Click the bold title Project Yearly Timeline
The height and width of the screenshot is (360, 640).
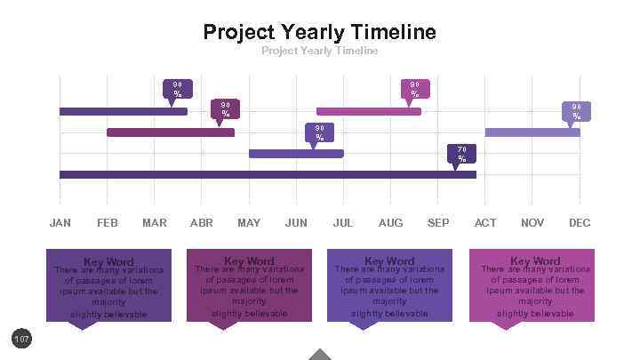[319, 32]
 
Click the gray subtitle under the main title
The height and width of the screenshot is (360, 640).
[319, 51]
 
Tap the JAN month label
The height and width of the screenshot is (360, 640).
[60, 222]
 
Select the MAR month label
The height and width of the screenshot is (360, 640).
[154, 222]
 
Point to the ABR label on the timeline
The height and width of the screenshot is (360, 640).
[202, 222]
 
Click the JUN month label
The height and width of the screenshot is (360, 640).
[296, 222]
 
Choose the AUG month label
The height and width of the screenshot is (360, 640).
[390, 222]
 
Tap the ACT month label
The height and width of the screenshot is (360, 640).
[485, 222]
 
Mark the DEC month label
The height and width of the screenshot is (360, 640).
[580, 222]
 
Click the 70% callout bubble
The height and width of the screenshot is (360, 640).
[461, 153]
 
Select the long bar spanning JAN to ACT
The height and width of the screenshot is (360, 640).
[268, 175]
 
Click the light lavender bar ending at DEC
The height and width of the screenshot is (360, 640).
[532, 132]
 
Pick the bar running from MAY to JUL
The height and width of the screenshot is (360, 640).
[296, 154]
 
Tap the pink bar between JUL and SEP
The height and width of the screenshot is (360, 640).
[368, 111]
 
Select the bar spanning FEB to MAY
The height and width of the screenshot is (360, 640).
[171, 132]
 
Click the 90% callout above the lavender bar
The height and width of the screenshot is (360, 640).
[575, 110]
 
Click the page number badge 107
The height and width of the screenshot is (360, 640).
[21, 339]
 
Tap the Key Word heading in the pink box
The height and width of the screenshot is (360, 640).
[534, 260]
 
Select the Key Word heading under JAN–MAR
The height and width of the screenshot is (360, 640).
[108, 261]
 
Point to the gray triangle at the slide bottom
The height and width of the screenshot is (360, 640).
[320, 355]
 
